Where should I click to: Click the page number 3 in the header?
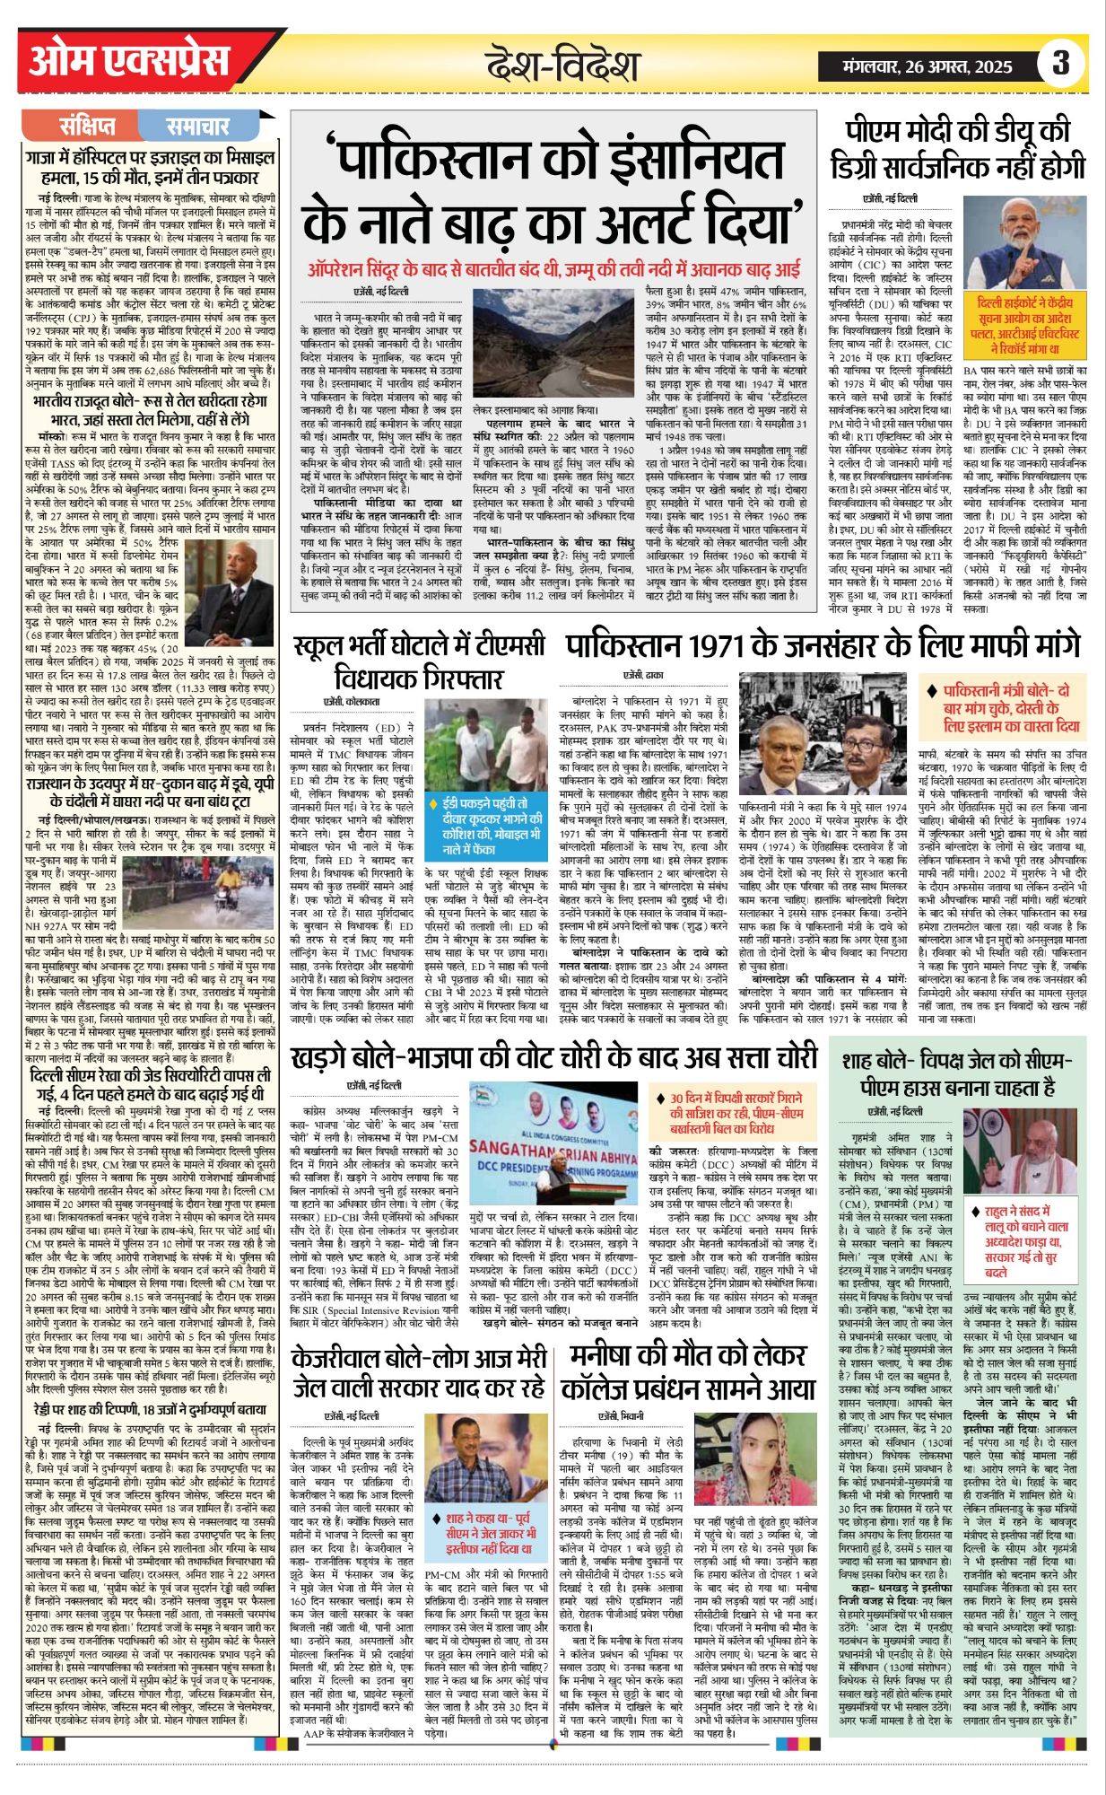(1061, 63)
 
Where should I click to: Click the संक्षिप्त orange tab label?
(87, 126)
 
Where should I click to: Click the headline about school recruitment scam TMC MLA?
(420, 661)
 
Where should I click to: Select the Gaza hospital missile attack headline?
(151, 168)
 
